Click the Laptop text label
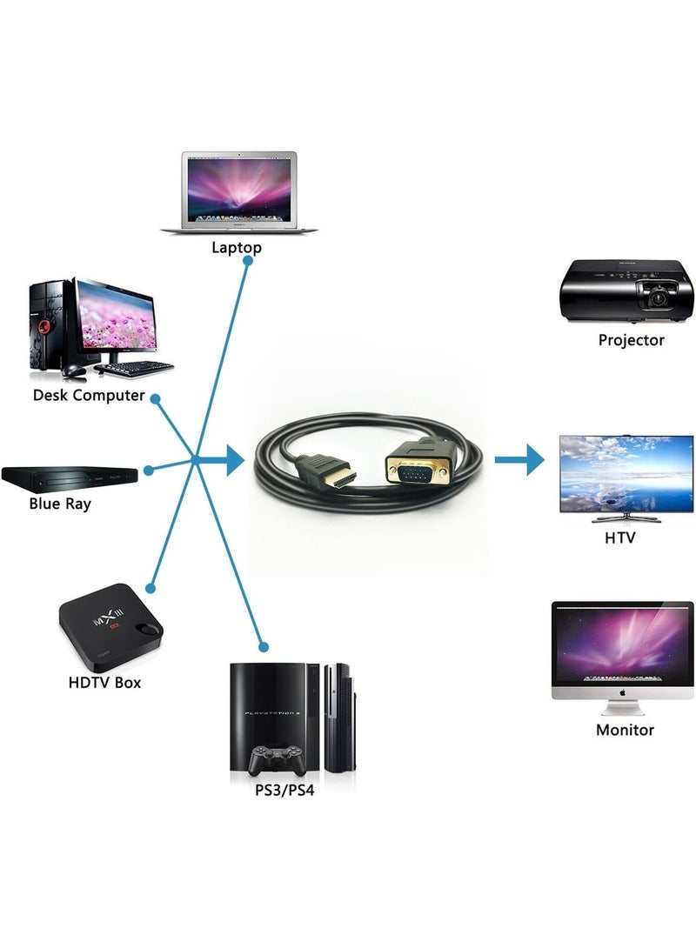pos(237,248)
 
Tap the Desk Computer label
pos(89,396)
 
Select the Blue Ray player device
pos(70,477)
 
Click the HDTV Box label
pos(104,682)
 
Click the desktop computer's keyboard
pos(135,368)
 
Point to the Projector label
pos(631,340)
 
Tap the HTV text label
pos(619,537)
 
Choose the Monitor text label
pos(625,730)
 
